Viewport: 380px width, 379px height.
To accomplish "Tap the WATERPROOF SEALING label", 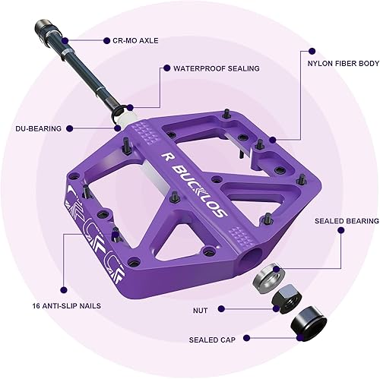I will (217, 68).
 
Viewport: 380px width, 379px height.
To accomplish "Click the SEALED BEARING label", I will (347, 221).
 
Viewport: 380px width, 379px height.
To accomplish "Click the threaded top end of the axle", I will (40, 30).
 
